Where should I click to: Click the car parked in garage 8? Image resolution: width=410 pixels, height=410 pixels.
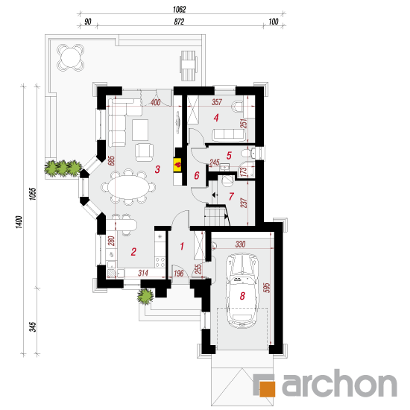coord(242,290)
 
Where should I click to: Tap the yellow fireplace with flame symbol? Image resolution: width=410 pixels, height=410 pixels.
coord(177,165)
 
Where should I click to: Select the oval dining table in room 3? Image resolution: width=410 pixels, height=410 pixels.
coord(128,186)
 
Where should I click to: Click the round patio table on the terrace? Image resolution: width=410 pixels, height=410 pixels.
coord(71,57)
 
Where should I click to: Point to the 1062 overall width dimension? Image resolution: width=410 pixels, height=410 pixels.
coord(179,10)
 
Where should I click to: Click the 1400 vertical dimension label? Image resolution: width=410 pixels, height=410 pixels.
coord(19,222)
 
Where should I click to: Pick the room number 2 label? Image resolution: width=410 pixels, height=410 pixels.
coord(133,252)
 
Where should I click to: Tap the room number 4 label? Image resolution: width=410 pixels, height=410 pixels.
coord(216,118)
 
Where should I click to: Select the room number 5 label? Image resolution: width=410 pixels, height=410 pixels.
coord(229,156)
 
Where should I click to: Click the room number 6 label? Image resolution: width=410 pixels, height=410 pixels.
coord(197,175)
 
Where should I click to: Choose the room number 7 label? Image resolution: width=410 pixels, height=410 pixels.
coord(231,196)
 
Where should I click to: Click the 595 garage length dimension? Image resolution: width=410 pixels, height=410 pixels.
coord(268,288)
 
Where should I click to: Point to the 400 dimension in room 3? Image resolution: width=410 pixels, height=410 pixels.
coord(155,102)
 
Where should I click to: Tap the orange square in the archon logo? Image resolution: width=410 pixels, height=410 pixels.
coord(267,389)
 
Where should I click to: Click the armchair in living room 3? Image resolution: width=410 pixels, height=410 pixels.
coord(144,152)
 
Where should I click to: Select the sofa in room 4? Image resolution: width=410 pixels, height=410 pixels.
coord(229,135)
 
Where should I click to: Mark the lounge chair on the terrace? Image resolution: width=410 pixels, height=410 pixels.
coord(189,66)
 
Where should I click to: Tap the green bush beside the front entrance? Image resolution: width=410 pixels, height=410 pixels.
coord(145,296)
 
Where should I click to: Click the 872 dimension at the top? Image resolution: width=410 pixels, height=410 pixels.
coord(179,22)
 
